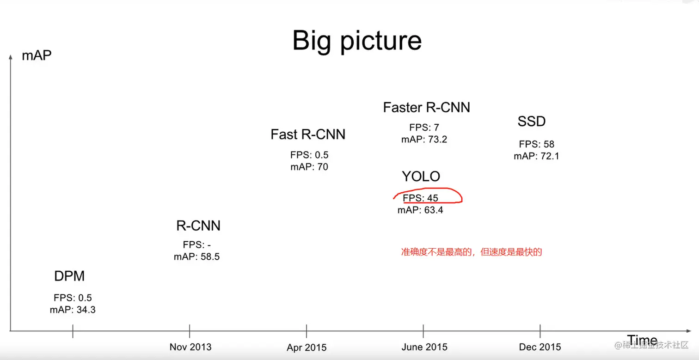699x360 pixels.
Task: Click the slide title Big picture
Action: pos(357,42)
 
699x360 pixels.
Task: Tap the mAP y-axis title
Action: pos(37,55)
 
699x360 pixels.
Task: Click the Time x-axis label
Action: pos(642,339)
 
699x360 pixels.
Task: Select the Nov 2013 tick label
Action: pos(190,347)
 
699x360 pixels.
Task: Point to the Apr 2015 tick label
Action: pos(307,348)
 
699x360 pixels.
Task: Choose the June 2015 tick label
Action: pos(424,347)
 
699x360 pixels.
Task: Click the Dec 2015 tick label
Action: pos(540,347)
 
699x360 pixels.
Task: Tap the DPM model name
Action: pos(69,276)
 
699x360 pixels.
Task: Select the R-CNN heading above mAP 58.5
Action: pos(198,226)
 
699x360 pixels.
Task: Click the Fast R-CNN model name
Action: pos(308,134)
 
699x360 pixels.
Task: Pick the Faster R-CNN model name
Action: pos(427,108)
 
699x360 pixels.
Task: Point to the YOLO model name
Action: pos(421,177)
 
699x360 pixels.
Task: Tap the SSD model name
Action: pos(532,122)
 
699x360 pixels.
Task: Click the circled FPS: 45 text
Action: pos(420,198)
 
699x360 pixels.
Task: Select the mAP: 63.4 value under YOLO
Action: pos(420,210)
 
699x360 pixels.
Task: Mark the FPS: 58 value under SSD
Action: pos(537,144)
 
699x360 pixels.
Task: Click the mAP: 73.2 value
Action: pos(424,140)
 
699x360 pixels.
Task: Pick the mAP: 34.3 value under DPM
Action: pos(73,310)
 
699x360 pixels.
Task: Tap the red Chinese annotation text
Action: pos(472,252)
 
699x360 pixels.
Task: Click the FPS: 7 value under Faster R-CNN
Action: pos(424,128)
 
